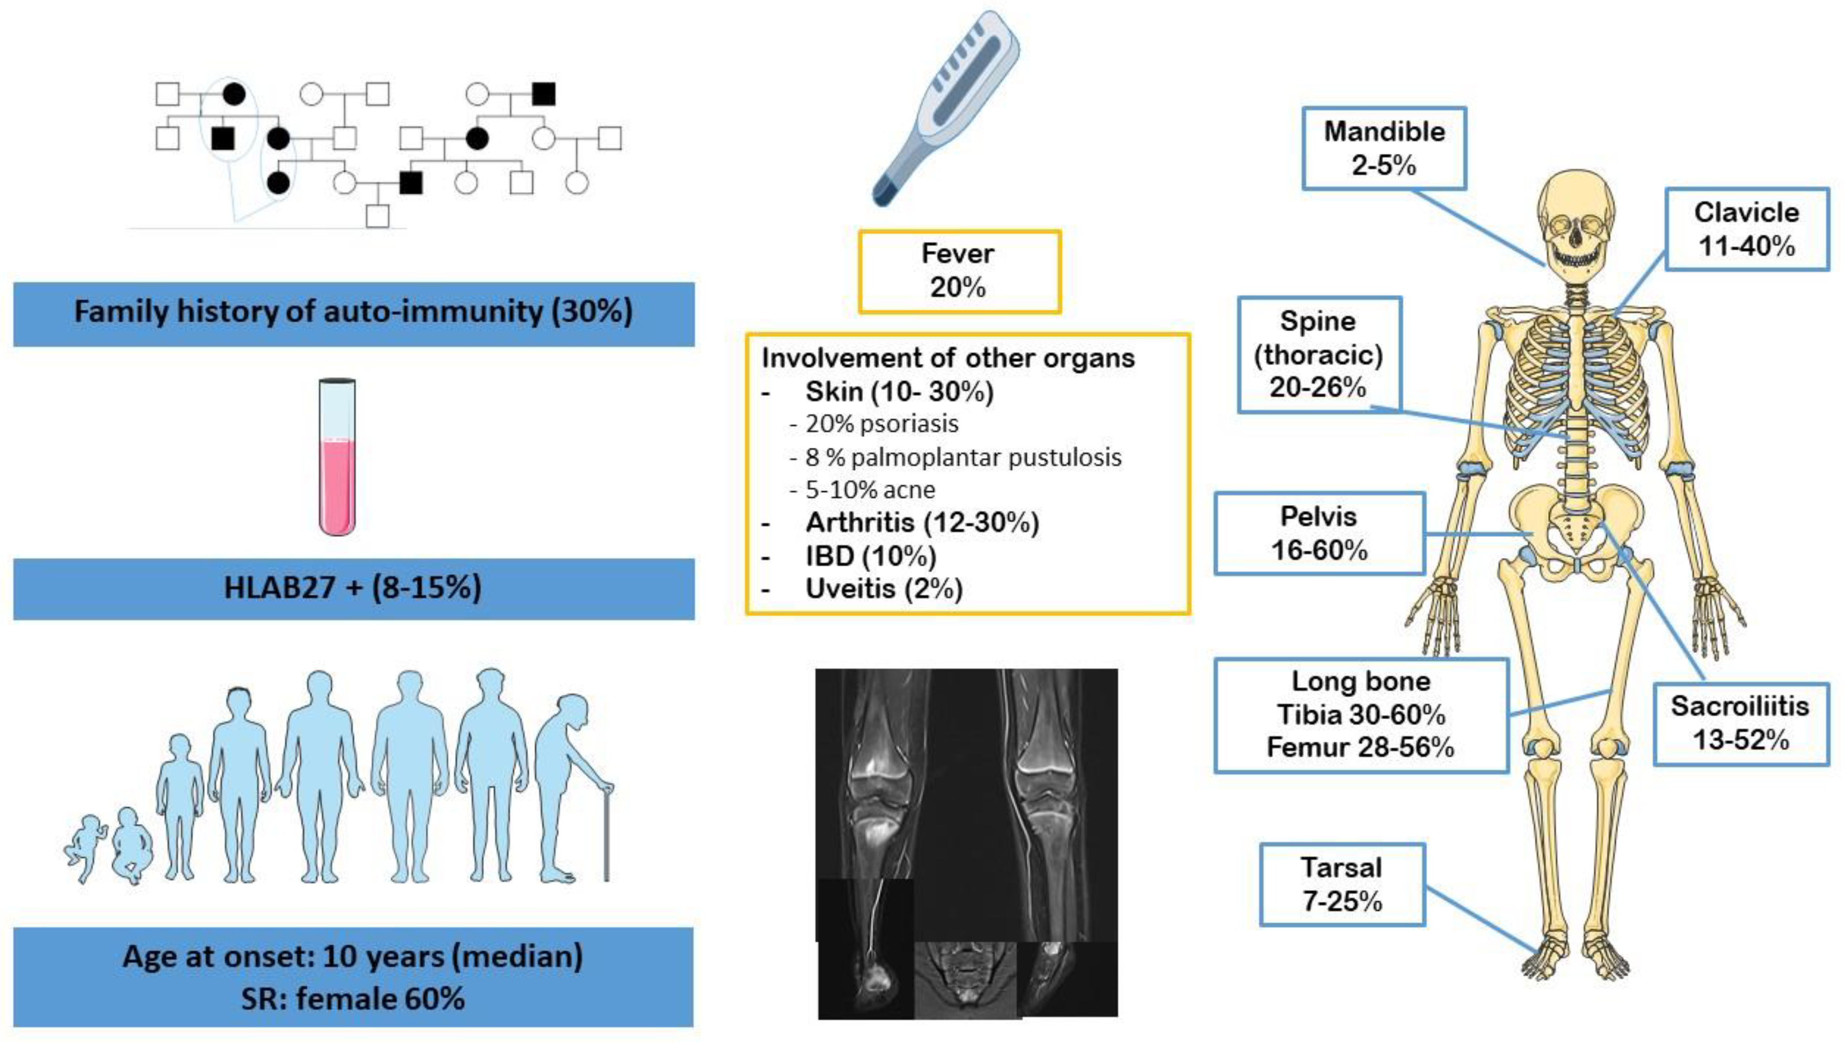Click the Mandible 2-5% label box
pos(1383,148)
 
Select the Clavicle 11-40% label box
pos(1746,229)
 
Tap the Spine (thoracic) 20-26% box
pos(1319,354)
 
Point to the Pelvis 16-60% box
pos(1319,533)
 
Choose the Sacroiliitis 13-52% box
pos(1741,723)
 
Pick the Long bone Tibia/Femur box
pos(1360,715)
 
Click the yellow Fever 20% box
pos(958,271)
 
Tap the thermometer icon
pos(945,108)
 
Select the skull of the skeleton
pos(1576,222)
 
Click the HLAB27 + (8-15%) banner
pos(353,588)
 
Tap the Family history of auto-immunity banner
pos(353,313)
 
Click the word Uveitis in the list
pos(850,588)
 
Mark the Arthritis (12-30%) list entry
pos(921,523)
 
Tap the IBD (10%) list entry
pos(870,556)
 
